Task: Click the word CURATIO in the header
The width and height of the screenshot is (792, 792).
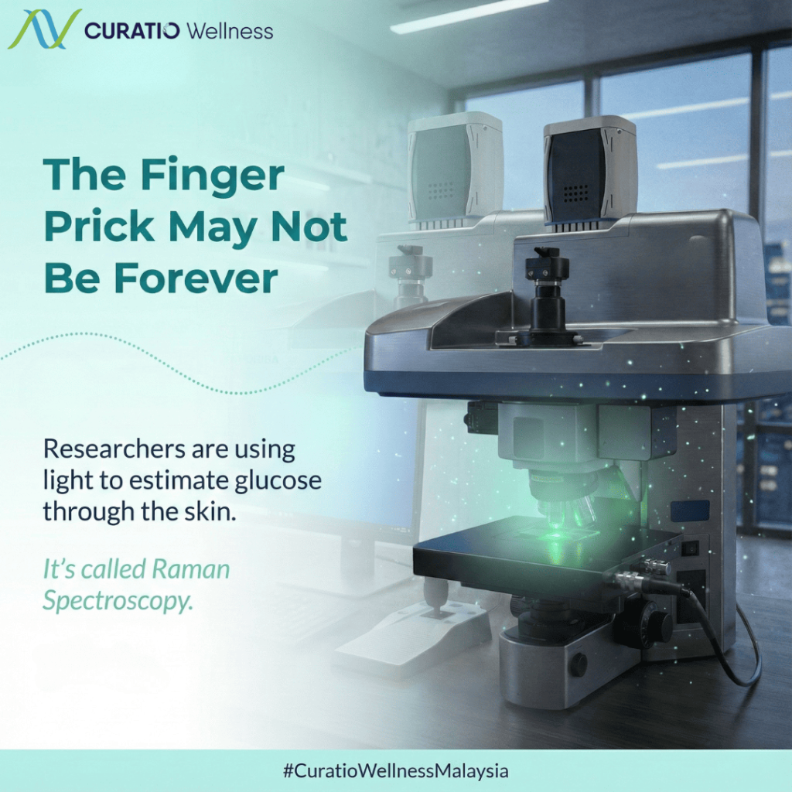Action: [131, 31]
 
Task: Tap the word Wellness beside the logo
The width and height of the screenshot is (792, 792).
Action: [229, 31]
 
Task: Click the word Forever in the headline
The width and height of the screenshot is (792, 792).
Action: [196, 278]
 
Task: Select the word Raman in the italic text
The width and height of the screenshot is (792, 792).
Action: [190, 569]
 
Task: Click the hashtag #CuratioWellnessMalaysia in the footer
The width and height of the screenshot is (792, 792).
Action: [396, 771]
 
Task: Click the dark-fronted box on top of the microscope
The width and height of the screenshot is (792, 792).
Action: [589, 174]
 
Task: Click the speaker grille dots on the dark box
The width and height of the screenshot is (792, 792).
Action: [576, 193]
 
